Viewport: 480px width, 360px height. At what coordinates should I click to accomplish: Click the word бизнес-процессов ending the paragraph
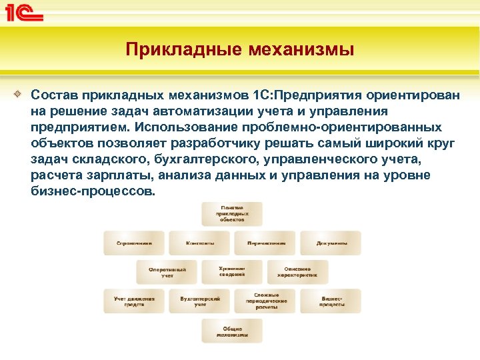pos(92,191)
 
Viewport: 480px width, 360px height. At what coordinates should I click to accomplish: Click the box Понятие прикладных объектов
pos(232,213)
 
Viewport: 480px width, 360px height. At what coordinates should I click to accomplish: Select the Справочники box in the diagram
pos(134,243)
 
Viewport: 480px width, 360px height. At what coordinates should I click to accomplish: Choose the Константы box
pos(199,243)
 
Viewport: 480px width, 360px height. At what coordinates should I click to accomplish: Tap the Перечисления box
pos(265,243)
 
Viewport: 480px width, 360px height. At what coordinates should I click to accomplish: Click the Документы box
pos(330,243)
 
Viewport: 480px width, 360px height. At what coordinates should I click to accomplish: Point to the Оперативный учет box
pos(167,273)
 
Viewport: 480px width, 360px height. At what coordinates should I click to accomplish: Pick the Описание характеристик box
pos(297,273)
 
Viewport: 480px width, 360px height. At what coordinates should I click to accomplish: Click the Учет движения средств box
pos(134,301)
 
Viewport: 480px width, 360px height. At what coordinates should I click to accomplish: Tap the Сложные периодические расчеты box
pos(265,301)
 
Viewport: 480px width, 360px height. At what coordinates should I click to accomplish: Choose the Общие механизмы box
pos(232,331)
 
